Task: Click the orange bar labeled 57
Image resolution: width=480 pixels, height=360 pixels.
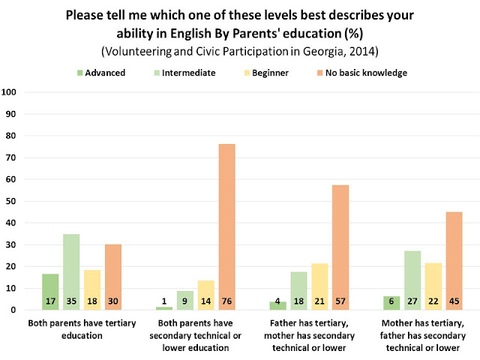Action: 340,247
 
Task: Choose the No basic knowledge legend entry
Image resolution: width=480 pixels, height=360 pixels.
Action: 356,73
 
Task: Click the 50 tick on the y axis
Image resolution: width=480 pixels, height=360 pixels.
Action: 12,201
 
